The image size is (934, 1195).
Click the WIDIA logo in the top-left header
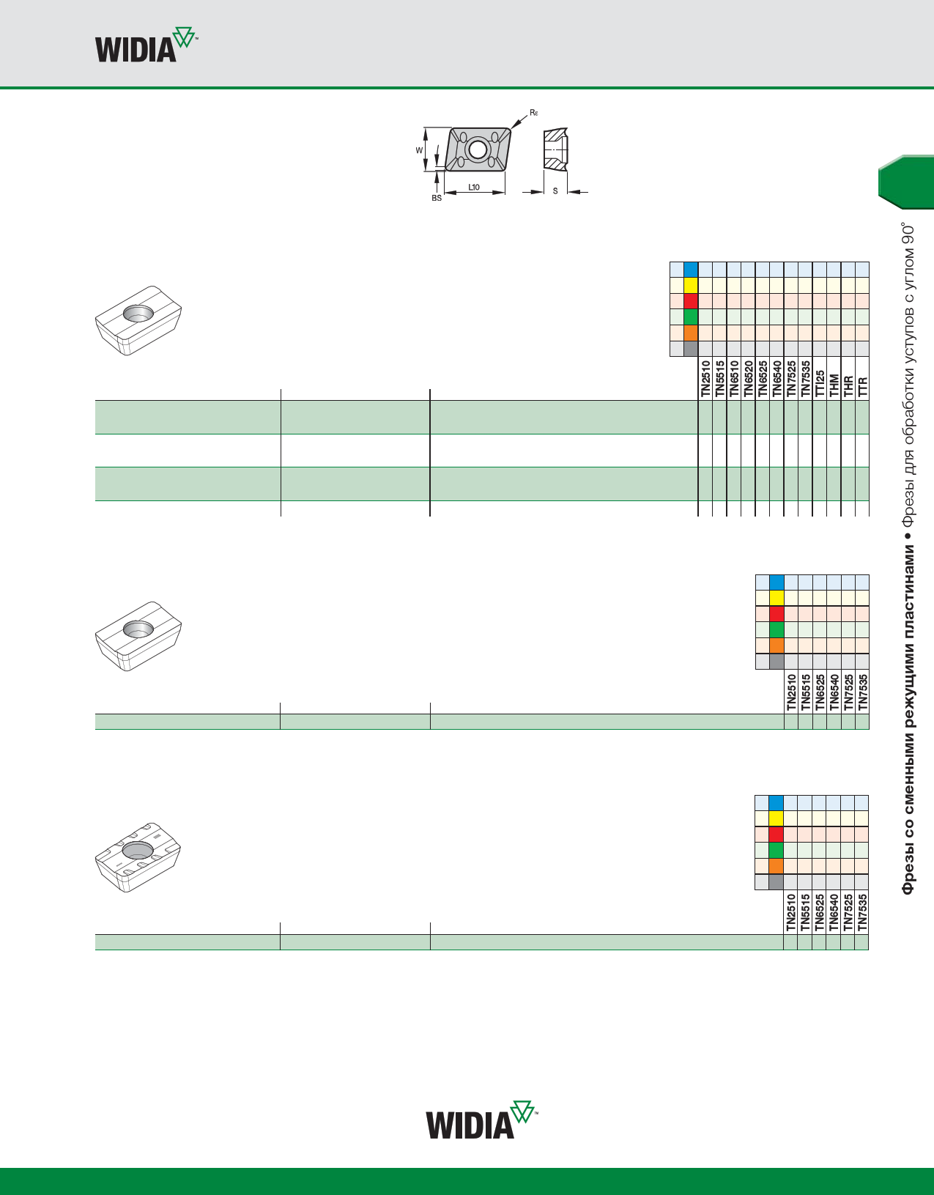tap(146, 46)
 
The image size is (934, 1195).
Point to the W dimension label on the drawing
tap(419, 150)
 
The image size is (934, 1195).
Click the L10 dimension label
tap(474, 188)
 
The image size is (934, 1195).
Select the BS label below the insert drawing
tap(437, 199)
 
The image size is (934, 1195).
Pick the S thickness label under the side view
tap(555, 191)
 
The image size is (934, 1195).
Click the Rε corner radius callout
tap(534, 113)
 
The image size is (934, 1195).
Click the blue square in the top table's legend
tap(690, 270)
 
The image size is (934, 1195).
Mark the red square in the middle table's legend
tap(777, 614)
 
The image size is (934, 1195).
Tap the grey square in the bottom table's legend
tap(777, 882)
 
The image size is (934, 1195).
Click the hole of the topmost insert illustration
tap(137, 313)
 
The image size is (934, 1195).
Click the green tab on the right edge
tap(906, 182)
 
